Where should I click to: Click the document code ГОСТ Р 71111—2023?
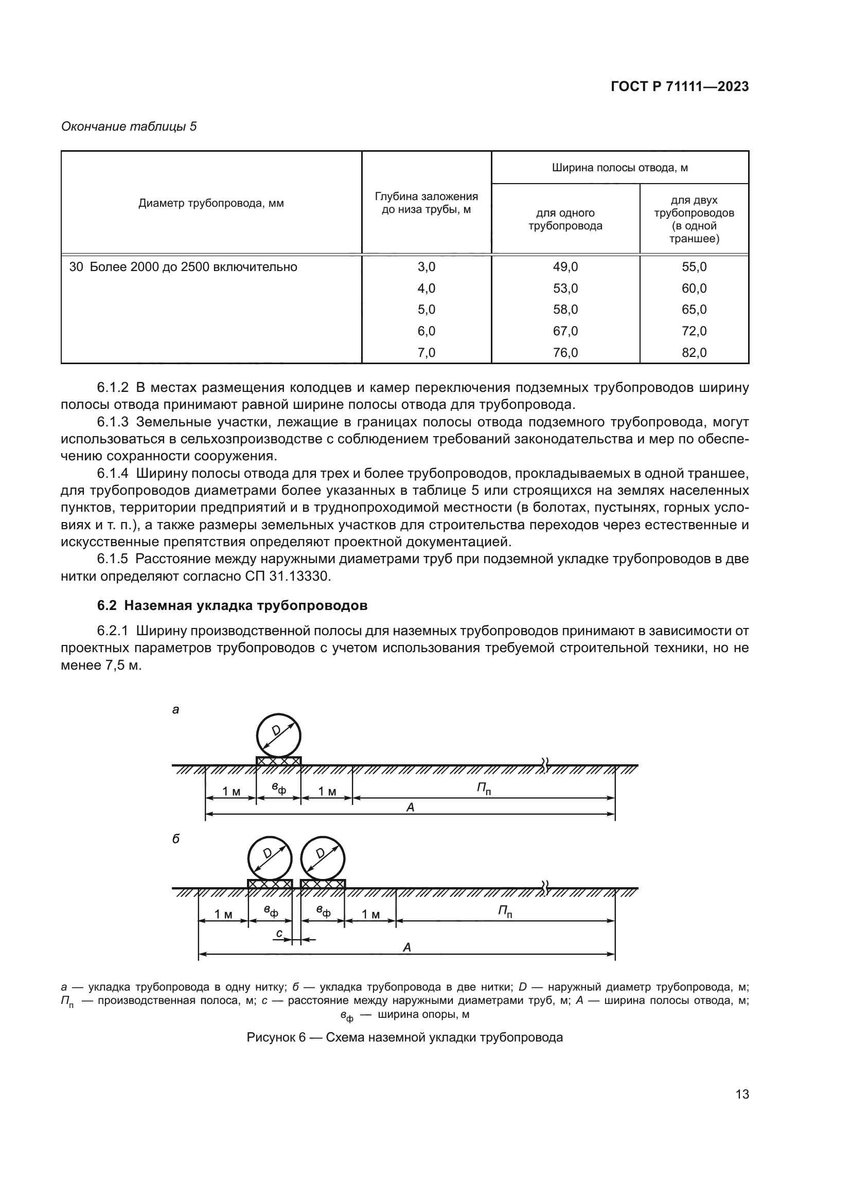click(x=680, y=86)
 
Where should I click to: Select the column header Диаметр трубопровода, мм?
click(x=211, y=203)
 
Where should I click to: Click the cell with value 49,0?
click(x=565, y=267)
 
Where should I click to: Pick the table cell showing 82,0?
click(x=694, y=353)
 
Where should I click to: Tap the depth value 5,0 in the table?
click(x=426, y=310)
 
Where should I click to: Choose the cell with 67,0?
click(x=565, y=331)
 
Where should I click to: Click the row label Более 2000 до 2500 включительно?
click(x=193, y=267)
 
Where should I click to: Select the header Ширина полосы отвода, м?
click(x=619, y=168)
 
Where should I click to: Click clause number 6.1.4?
click(x=113, y=474)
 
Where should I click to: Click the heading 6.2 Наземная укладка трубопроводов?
click(x=232, y=606)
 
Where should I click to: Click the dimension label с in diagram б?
click(x=280, y=933)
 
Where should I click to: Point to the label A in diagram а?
click(x=410, y=807)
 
